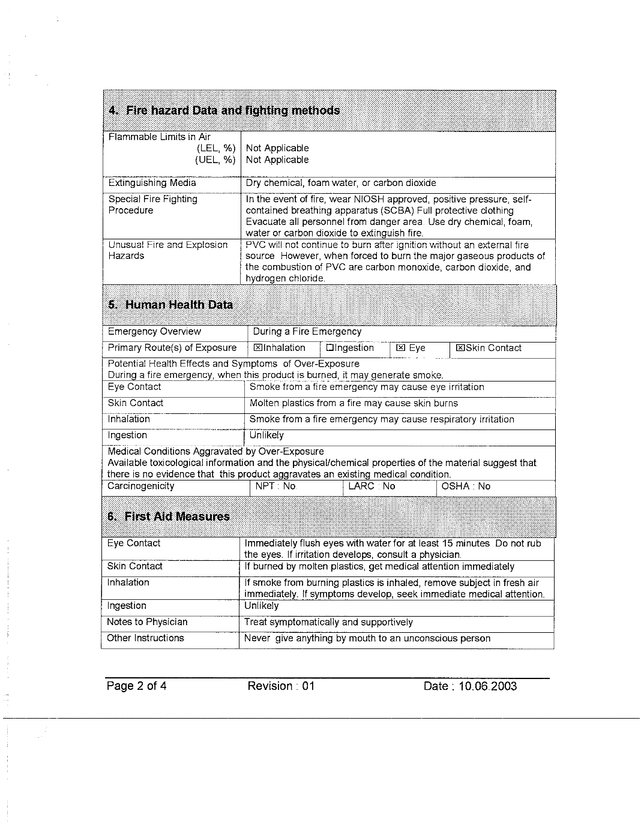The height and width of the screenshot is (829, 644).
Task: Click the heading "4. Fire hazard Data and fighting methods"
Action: click(x=224, y=110)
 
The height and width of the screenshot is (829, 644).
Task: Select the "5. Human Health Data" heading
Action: click(x=170, y=305)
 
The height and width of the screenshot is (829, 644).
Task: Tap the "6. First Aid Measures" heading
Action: click(x=168, y=516)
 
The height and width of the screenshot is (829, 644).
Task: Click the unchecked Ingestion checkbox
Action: click(x=330, y=348)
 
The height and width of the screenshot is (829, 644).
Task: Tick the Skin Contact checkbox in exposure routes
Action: click(x=460, y=348)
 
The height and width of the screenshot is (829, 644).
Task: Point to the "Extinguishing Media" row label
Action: click(x=152, y=183)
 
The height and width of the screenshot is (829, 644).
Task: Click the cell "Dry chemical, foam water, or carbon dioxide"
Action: click(x=341, y=183)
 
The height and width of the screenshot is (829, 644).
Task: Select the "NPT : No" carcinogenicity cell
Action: click(x=276, y=486)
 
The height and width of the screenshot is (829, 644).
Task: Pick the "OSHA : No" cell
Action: click(x=466, y=486)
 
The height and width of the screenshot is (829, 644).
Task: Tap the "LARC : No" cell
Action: click(x=372, y=486)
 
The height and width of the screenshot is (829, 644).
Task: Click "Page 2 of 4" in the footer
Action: click(x=136, y=686)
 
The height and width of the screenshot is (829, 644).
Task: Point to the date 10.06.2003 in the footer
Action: click(x=487, y=686)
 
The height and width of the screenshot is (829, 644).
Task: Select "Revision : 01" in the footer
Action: click(x=281, y=686)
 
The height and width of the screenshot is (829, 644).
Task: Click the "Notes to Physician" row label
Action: click(x=147, y=622)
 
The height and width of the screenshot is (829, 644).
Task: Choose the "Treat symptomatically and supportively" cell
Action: click(x=329, y=622)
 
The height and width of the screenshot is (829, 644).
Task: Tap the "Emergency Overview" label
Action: click(x=154, y=332)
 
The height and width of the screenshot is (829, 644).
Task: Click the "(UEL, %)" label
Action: click(x=215, y=160)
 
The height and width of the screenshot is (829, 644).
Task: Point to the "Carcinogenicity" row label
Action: click(x=141, y=486)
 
